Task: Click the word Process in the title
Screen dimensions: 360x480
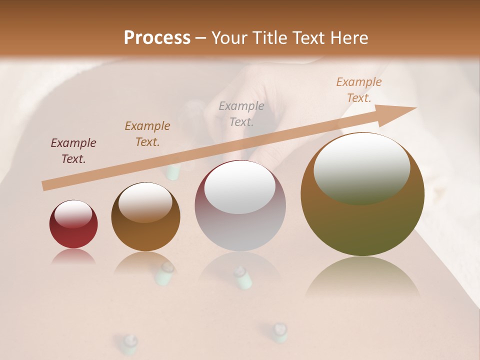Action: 157,38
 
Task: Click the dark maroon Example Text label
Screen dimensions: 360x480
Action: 73,151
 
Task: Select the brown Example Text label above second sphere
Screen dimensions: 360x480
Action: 147,134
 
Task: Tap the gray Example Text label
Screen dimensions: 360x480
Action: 241,113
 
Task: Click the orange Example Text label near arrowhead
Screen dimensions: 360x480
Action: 359,90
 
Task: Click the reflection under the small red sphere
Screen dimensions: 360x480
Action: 73,256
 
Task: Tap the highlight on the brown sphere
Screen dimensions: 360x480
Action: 145,202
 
